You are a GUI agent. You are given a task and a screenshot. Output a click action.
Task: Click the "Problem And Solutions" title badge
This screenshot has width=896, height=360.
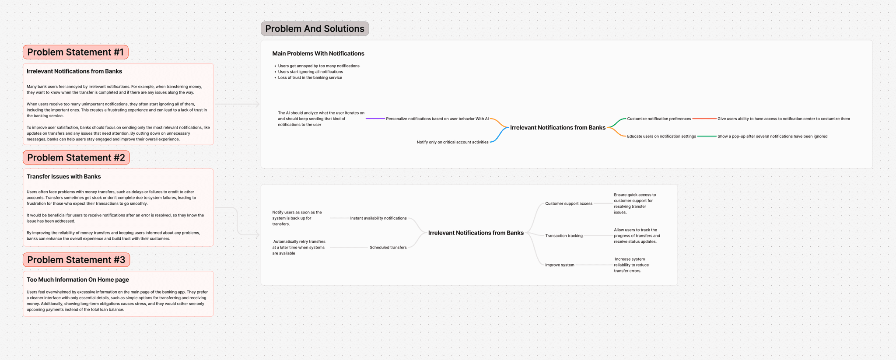pyautogui.click(x=315, y=29)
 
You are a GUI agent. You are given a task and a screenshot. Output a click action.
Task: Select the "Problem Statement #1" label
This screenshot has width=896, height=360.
pyautogui.click(x=75, y=52)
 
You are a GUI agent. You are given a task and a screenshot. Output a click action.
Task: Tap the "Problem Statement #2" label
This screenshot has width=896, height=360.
pyautogui.click(x=76, y=157)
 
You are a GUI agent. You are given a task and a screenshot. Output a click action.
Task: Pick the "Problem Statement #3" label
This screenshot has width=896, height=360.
pyautogui.click(x=76, y=260)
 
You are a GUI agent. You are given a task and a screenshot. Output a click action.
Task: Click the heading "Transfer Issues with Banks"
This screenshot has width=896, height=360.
pyautogui.click(x=64, y=177)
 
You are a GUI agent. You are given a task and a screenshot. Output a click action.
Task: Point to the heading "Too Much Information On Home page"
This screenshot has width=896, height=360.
pyautogui.click(x=78, y=280)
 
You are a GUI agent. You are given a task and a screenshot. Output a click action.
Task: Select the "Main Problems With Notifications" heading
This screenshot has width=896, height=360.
pyautogui.click(x=318, y=53)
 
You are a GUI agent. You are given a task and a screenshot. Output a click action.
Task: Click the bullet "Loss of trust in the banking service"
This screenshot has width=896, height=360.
pyautogui.click(x=310, y=77)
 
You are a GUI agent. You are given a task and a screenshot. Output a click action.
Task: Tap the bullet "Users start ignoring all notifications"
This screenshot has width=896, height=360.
pyautogui.click(x=310, y=72)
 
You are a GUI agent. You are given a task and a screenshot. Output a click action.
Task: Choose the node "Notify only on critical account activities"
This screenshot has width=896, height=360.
pyautogui.click(x=452, y=142)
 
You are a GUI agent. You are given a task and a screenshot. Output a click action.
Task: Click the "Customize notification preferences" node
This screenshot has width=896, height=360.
pyautogui.click(x=659, y=119)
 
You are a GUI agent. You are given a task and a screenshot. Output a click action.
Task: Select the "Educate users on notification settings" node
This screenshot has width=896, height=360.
pyautogui.click(x=661, y=136)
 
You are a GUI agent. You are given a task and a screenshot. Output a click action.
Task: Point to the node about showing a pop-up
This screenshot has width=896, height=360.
pyautogui.click(x=772, y=136)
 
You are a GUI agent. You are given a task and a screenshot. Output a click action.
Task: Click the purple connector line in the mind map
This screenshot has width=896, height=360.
pyautogui.click(x=375, y=119)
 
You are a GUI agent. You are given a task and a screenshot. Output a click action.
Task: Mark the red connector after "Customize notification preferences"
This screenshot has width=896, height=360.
pyautogui.click(x=704, y=119)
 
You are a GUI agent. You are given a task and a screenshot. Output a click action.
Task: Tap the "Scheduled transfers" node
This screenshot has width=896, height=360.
pyautogui.click(x=388, y=248)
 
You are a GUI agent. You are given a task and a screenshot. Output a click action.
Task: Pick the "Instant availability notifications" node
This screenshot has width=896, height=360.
pyautogui.click(x=378, y=218)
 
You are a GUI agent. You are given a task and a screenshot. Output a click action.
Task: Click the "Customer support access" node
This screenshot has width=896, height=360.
pyautogui.click(x=569, y=203)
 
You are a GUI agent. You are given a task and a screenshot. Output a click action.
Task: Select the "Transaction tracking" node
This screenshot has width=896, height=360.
pyautogui.click(x=564, y=236)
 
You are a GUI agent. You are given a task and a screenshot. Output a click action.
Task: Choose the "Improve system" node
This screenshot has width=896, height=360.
pyautogui.click(x=560, y=265)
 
